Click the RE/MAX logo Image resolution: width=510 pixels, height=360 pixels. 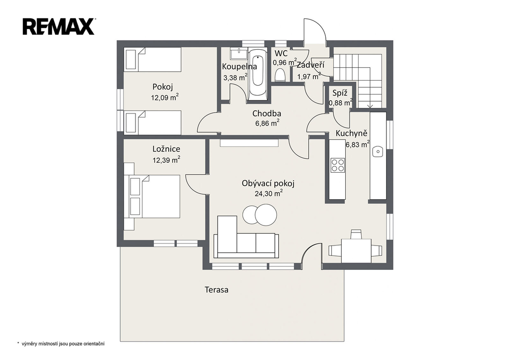(59, 27)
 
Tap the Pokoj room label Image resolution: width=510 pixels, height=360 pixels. (163, 87)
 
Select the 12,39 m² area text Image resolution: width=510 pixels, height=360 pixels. (166, 160)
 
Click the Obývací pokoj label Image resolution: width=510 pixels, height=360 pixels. (268, 184)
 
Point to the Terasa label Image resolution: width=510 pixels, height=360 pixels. (216, 289)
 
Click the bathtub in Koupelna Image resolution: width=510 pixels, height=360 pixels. (258, 75)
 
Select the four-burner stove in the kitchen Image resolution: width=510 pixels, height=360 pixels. (338, 165)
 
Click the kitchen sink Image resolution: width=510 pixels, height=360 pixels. (378, 151)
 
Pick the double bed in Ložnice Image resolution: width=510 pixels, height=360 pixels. (154, 196)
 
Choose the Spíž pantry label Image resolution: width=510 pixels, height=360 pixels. (340, 93)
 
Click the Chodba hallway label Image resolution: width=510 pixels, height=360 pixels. (267, 114)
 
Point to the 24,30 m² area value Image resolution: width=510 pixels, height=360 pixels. (268, 194)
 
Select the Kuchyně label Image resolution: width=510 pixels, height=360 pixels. (351, 133)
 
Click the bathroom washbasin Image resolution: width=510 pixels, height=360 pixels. (239, 53)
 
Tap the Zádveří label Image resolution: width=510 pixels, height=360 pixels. (311, 65)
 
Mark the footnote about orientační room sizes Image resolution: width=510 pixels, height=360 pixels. (61, 344)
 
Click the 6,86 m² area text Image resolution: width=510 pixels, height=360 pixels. (267, 123)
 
